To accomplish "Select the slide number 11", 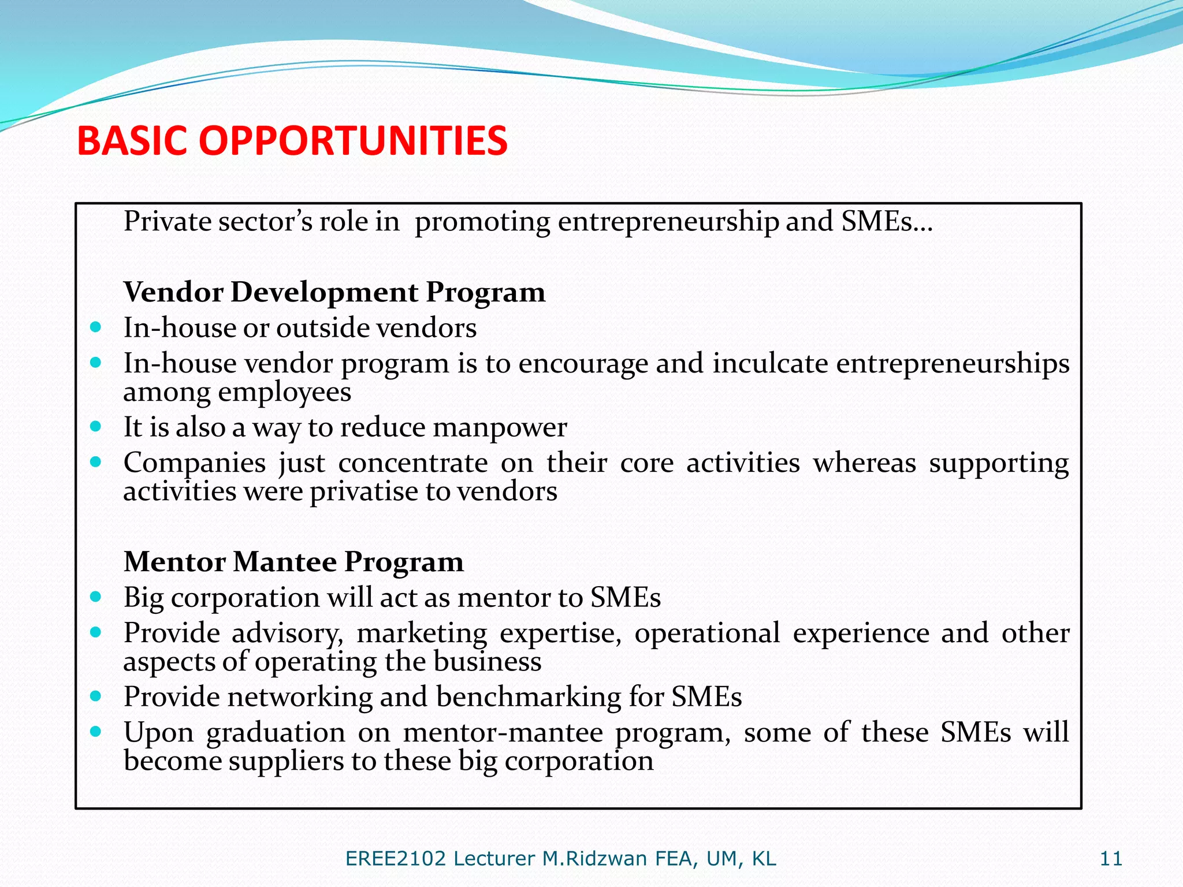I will (1111, 859).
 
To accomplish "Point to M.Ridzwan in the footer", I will (594, 859).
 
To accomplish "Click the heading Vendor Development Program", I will (334, 292).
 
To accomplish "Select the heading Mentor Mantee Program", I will (293, 562).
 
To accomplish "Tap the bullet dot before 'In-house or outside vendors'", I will (96, 327).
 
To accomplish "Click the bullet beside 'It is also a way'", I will (96, 427).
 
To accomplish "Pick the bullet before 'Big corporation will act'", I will (96, 597).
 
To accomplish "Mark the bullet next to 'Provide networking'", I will (96, 696).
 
